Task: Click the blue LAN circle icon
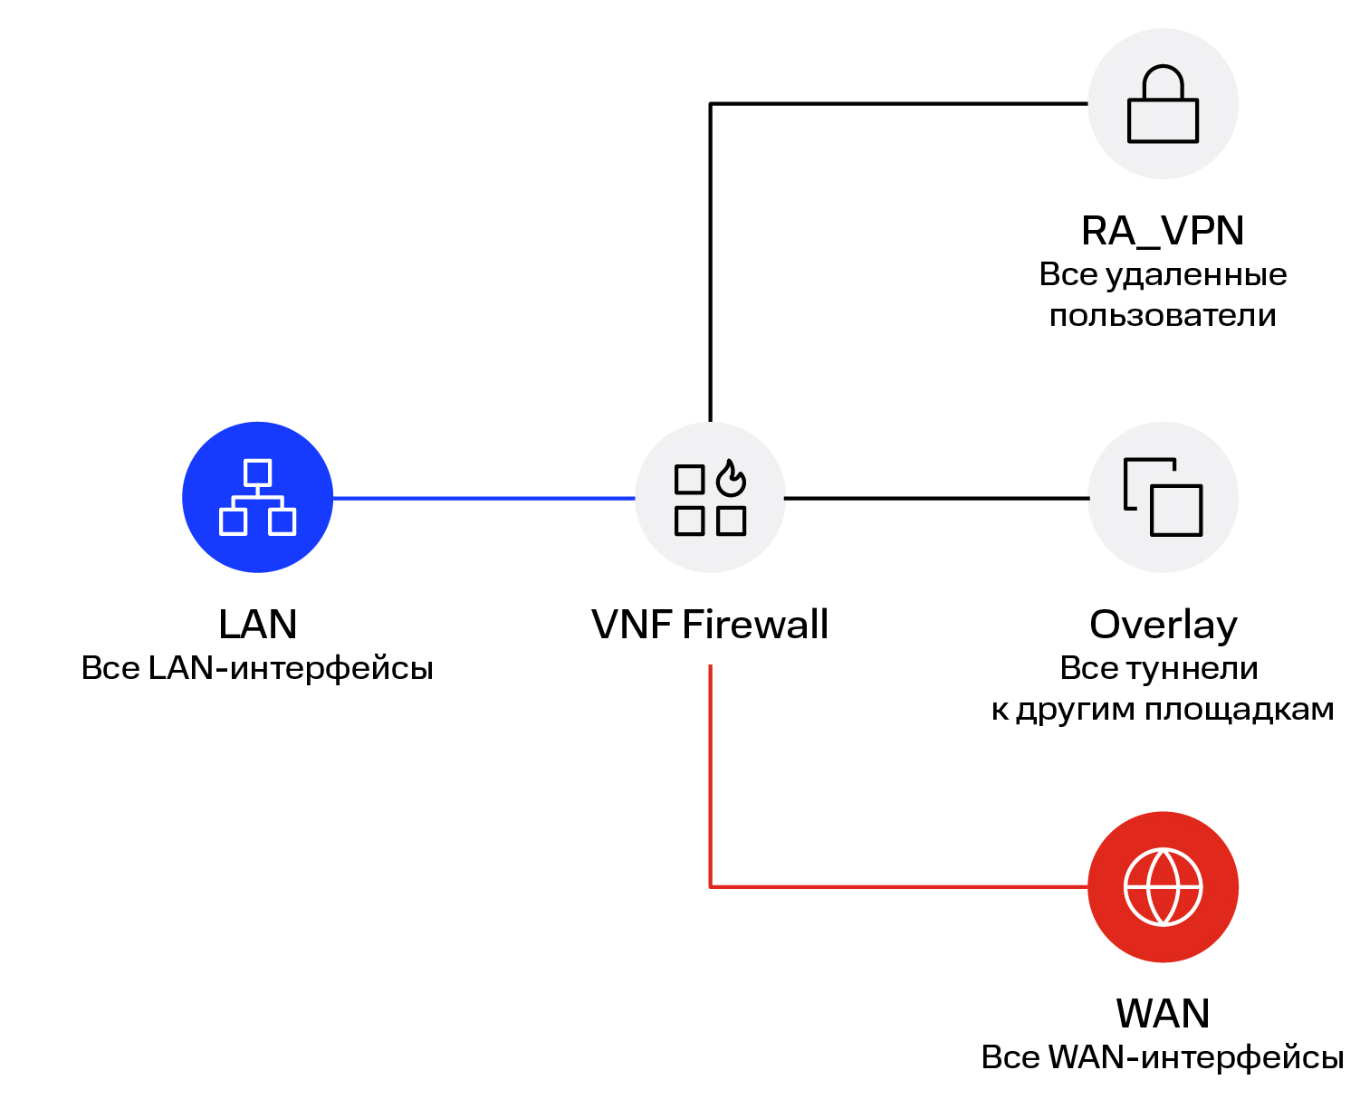coord(257,497)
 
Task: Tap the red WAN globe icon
coord(1163,886)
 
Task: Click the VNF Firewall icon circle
coord(710,497)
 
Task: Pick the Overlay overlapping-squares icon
coord(1163,497)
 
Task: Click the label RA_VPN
coord(1163,231)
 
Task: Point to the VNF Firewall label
coord(710,625)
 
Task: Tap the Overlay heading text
coord(1163,625)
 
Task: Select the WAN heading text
coord(1163,1013)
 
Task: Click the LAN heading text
coord(257,625)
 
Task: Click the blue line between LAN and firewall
coord(484,498)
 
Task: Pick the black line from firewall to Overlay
coord(936,498)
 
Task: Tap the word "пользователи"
coord(1163,316)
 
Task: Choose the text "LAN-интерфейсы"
coord(291,669)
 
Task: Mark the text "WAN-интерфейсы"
coord(1195,1057)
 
